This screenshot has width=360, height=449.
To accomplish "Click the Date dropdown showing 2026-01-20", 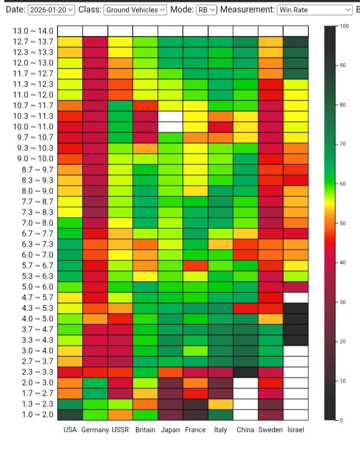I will click(x=51, y=10).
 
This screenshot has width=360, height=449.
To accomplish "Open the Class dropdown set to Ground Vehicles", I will click(x=135, y=10).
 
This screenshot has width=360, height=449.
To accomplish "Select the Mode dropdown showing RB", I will click(x=207, y=10).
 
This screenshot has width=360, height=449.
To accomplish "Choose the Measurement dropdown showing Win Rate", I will click(x=315, y=10).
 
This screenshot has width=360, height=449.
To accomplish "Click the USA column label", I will click(x=70, y=430).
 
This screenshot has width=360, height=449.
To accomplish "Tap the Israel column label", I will click(x=296, y=430).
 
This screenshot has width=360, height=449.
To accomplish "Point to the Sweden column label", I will click(x=270, y=430).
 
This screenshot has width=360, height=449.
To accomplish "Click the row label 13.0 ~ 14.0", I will click(x=33, y=31).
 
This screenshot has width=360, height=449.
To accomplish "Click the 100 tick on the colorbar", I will click(x=344, y=26).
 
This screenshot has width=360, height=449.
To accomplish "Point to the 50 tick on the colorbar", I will click(x=343, y=223).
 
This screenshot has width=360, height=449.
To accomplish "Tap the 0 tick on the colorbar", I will click(x=341, y=420).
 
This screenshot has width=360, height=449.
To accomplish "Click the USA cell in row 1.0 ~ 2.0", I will click(x=70, y=415).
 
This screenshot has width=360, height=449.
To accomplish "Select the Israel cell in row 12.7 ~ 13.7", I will click(x=296, y=42).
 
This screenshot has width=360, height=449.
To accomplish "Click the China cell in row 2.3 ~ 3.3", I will click(x=245, y=372).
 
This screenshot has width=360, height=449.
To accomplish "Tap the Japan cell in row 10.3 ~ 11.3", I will click(x=170, y=117).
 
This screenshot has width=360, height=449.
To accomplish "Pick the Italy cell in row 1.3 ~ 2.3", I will click(x=221, y=404).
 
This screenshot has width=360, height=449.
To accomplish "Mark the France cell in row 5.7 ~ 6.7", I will click(x=195, y=266).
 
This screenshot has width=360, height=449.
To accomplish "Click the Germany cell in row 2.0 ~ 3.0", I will click(x=95, y=383).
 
